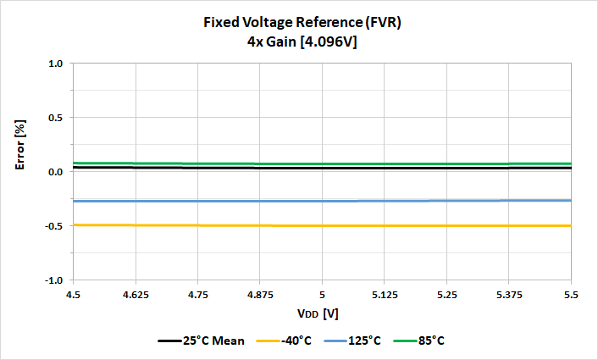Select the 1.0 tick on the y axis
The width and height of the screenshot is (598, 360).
[x=56, y=64]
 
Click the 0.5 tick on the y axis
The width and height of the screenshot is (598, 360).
[x=56, y=118]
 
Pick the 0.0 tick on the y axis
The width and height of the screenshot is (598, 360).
[x=56, y=172]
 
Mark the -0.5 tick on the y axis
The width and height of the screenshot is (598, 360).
[x=54, y=226]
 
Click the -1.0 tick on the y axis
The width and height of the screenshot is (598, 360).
[x=54, y=280]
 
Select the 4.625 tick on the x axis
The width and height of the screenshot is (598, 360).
[x=136, y=293]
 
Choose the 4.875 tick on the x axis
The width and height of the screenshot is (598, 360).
[x=260, y=293]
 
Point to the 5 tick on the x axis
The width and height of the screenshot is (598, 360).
[x=322, y=293]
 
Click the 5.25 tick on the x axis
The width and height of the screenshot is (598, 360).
[x=446, y=293]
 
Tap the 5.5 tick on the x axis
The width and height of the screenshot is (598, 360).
[x=571, y=293]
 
